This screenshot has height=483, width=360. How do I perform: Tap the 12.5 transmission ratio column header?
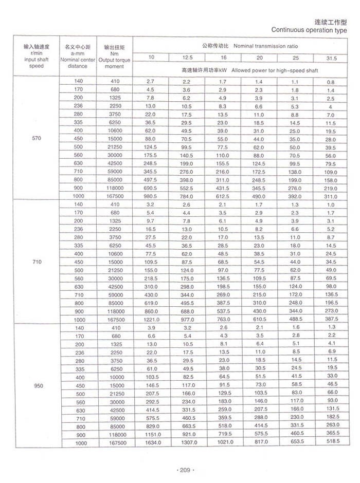187,58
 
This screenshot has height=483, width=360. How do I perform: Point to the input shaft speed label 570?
37,139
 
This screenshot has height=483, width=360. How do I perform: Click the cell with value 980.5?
150,196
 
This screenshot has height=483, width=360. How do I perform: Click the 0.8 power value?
331,82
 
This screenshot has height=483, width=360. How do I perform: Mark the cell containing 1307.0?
187,442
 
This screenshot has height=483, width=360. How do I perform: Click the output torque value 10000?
115,377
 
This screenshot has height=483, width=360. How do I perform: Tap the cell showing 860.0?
150,311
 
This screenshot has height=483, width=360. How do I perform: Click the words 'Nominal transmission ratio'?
265,46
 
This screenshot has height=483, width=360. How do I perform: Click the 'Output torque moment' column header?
115,57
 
